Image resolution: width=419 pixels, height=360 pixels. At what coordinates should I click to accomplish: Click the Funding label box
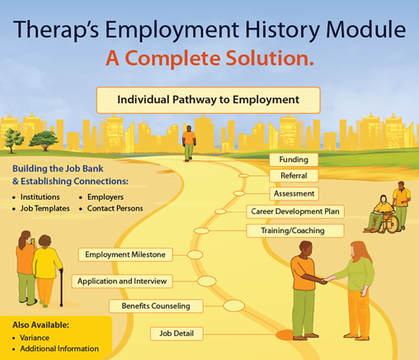[294, 159]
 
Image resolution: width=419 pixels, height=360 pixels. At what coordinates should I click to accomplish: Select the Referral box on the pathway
[294, 176]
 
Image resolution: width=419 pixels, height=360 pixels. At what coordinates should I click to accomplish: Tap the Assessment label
[294, 193]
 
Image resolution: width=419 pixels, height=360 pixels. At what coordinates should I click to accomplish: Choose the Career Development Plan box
[295, 211]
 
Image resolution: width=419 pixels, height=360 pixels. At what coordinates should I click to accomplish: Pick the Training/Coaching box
[295, 230]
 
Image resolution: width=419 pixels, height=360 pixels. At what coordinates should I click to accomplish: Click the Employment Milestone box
[125, 254]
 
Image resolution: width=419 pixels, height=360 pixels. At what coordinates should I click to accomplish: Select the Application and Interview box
[122, 281]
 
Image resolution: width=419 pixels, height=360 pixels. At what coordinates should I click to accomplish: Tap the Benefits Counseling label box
[156, 306]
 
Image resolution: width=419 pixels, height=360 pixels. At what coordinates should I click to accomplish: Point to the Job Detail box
[177, 334]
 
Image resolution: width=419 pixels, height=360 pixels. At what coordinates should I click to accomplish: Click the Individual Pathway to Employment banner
[208, 100]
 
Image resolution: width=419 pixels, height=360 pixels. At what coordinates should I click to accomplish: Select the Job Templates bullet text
[45, 208]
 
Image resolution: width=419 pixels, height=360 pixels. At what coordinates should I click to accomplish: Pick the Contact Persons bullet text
[115, 208]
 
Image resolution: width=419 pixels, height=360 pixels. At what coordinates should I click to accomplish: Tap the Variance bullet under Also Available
[35, 338]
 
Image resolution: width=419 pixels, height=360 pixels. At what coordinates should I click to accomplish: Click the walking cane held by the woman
[61, 287]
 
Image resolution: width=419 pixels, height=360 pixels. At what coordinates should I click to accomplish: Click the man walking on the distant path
[189, 144]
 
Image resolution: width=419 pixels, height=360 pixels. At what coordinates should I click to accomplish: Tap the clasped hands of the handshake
[327, 281]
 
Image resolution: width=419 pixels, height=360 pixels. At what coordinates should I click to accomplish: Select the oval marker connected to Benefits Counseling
[233, 306]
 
